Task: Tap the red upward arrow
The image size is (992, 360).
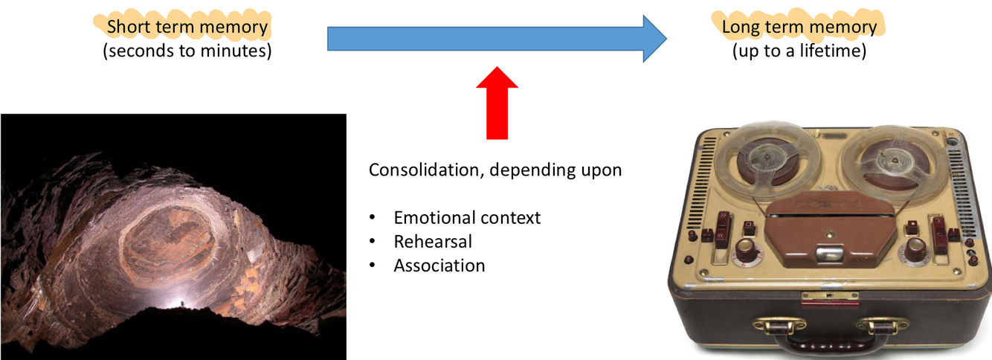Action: (497, 102)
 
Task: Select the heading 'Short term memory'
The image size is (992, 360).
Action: (187, 28)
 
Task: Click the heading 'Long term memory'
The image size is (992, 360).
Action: (799, 28)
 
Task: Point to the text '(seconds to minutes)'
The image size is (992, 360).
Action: (187, 51)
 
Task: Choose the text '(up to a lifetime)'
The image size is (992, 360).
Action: (799, 51)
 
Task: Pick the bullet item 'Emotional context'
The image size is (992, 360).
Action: (467, 218)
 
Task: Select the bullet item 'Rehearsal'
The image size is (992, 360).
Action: (433, 241)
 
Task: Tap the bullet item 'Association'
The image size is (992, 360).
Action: (439, 265)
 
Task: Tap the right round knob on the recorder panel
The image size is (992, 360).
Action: (912, 250)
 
